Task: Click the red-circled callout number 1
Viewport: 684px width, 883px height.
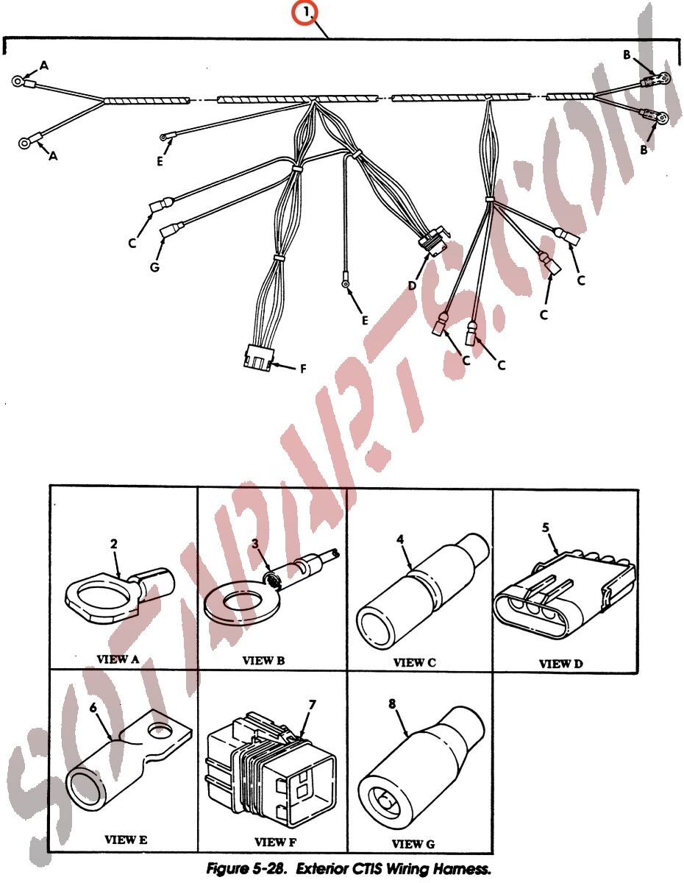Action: [x=307, y=13]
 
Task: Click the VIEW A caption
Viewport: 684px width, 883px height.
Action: [x=118, y=659]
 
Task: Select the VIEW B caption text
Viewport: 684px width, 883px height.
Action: [x=263, y=660]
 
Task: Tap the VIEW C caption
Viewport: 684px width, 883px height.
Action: [x=414, y=662]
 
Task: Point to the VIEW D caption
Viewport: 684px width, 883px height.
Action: [x=560, y=664]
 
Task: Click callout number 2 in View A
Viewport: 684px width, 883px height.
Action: [x=114, y=543]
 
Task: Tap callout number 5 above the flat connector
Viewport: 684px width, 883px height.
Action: [x=546, y=528]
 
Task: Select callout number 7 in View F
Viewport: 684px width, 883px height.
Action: [x=312, y=705]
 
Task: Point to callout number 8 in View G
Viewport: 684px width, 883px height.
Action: [x=392, y=703]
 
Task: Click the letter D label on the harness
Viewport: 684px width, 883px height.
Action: [x=412, y=286]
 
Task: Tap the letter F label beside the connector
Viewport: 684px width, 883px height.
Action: [x=302, y=369]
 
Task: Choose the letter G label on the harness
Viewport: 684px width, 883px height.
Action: [x=154, y=266]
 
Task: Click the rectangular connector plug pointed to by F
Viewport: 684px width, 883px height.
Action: [x=259, y=356]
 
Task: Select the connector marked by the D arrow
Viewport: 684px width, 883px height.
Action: [x=433, y=243]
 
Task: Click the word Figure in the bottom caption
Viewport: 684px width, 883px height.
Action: [x=227, y=869]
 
